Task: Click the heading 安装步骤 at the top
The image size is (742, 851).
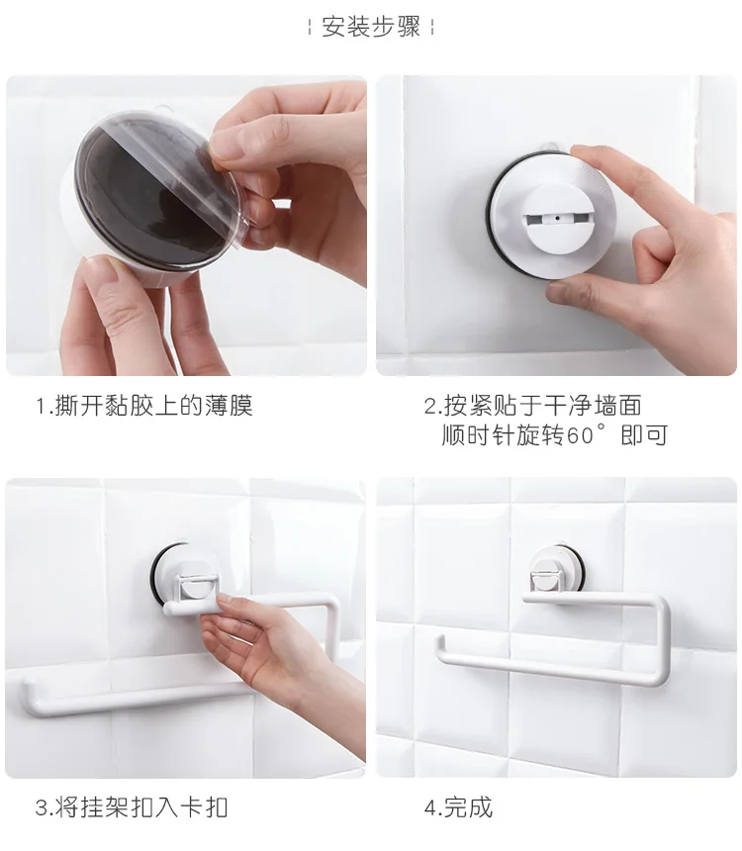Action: [371, 27]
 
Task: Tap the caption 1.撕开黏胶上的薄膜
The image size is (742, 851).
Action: [143, 406]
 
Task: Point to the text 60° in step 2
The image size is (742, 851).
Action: [587, 435]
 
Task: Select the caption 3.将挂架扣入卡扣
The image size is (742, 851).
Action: [132, 807]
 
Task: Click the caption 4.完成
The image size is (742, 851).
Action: [459, 807]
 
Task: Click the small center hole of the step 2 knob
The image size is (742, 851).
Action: [556, 218]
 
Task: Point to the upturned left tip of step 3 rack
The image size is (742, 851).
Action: [27, 691]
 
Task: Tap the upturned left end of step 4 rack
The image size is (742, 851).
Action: [442, 645]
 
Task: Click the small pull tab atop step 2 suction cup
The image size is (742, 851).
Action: [549, 147]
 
